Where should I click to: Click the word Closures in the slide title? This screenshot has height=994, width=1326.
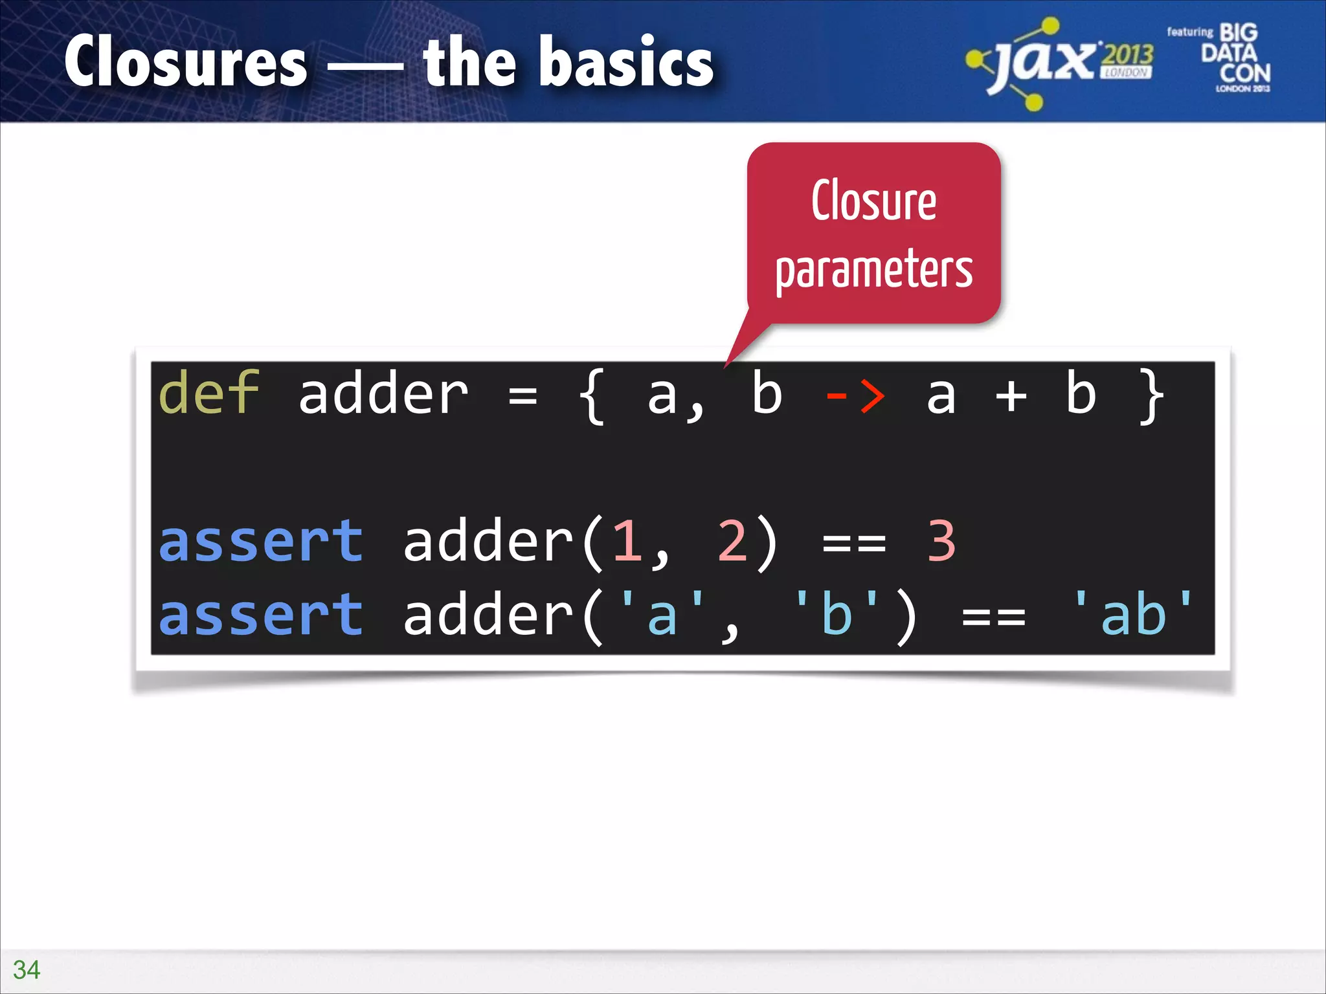tap(186, 62)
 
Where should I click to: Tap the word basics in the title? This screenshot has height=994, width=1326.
tap(632, 62)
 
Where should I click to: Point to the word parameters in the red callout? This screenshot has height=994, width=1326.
tap(874, 270)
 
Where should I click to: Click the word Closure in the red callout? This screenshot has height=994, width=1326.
tap(874, 201)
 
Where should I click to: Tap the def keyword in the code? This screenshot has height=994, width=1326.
tap(208, 393)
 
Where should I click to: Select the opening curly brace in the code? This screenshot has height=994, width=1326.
tap(592, 396)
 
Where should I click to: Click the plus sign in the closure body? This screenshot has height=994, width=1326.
tap(1011, 396)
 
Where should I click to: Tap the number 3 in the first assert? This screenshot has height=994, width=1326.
tap(941, 541)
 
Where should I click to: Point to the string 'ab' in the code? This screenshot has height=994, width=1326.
tap(1133, 613)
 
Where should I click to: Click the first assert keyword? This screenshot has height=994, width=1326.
tap(261, 541)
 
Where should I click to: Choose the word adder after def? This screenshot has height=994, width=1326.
tap(383, 395)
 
